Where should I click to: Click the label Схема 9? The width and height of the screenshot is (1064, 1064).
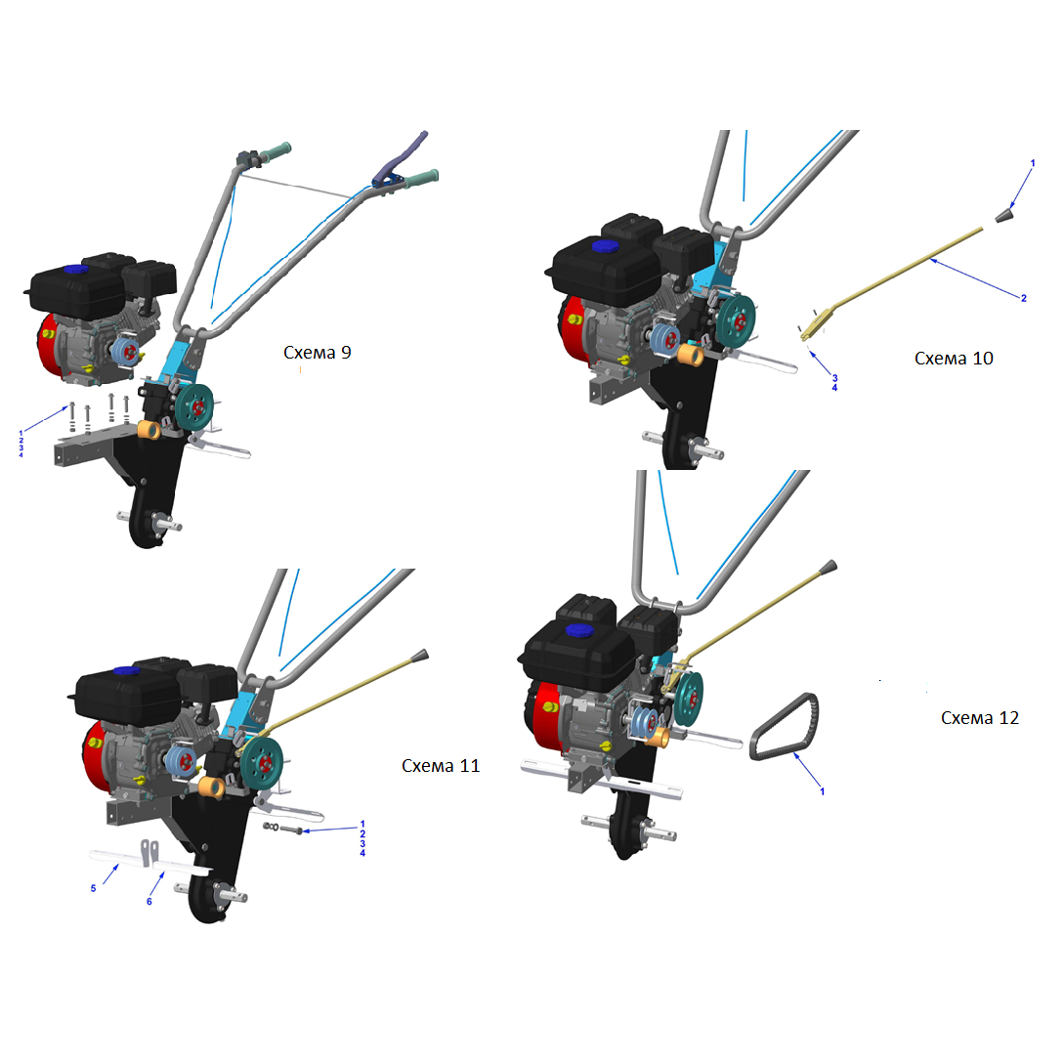point(317,352)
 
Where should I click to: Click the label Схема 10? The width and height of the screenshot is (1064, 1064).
point(954,359)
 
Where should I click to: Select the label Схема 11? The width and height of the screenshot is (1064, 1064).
point(441,765)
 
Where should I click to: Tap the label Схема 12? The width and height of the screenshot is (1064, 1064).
point(980,718)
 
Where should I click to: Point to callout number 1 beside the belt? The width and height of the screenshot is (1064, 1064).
point(823,791)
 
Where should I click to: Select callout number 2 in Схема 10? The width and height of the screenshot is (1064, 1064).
point(1024,298)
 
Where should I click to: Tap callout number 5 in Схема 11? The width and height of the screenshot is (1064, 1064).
point(93,888)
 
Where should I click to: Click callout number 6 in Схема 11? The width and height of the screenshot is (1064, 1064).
point(149,901)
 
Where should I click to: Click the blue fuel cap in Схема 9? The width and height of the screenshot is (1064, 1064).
point(76,269)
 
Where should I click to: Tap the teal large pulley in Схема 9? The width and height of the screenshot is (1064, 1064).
point(194,406)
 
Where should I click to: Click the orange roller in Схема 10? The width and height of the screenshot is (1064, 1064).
point(692,355)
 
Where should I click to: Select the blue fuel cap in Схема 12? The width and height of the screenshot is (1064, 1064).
point(579,630)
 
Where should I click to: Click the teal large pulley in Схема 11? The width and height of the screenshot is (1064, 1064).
point(262,763)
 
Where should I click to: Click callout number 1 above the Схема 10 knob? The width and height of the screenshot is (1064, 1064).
point(1033,163)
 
